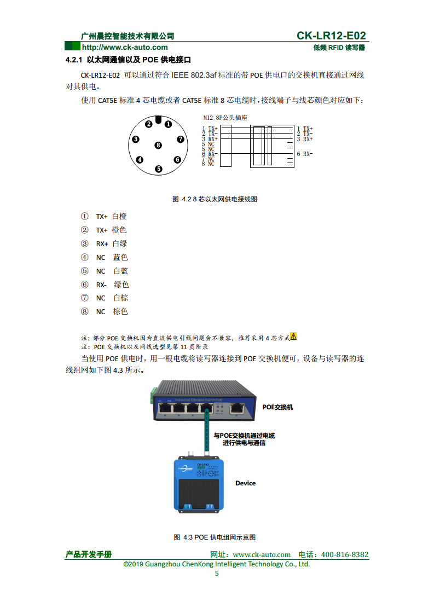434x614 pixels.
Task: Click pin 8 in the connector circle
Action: coord(158,146)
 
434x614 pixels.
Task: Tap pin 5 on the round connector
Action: coord(159,169)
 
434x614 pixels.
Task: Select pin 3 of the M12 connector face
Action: coord(136,140)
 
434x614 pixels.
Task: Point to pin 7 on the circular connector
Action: coord(180,140)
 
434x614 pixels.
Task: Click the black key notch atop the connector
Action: coord(158,120)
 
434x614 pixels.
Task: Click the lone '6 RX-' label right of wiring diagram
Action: coord(305,154)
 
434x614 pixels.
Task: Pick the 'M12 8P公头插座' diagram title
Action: coord(225,118)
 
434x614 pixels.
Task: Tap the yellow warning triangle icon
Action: coord(293,336)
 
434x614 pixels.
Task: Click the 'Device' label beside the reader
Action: coord(245,483)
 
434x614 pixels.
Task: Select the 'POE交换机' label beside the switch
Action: coord(277,407)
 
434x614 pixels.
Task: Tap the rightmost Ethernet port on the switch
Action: coord(237,408)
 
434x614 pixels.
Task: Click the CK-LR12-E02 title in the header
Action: coord(331,36)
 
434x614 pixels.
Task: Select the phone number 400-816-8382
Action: coord(345,554)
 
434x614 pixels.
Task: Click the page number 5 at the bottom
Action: coord(217,574)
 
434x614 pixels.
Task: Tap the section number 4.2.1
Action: coord(73,59)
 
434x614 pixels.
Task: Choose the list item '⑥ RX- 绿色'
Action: coord(105,285)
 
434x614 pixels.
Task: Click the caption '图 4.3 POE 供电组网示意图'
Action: coord(215,537)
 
